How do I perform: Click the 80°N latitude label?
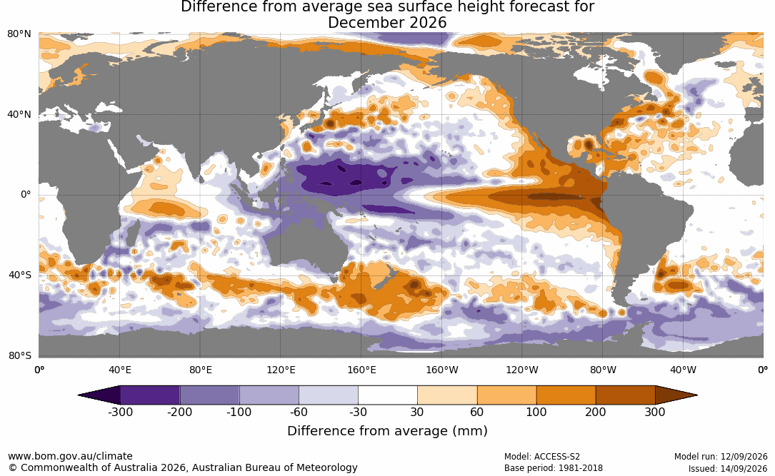coord(19,34)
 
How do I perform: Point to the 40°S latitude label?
coord(20,275)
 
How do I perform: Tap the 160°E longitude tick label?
coord(362,370)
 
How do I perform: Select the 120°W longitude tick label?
coord(522,370)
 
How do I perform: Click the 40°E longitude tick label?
coord(120,370)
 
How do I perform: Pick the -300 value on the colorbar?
coord(120,412)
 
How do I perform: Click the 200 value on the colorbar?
coord(596,412)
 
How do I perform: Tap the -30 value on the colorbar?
coord(359,412)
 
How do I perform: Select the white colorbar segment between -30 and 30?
coord(388,395)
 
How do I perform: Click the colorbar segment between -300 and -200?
coord(150,395)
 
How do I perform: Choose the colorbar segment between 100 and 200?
coord(566,395)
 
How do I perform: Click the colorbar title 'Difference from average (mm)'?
coord(387,431)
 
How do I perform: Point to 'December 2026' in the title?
coord(387,23)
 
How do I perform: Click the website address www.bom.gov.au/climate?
coord(70,456)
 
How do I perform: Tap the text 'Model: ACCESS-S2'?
coord(542,457)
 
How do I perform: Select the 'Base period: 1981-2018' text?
coord(554,468)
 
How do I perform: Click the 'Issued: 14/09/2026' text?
coord(728,468)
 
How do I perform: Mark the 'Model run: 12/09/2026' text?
coord(721,457)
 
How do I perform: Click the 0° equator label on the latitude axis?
coord(26,195)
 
